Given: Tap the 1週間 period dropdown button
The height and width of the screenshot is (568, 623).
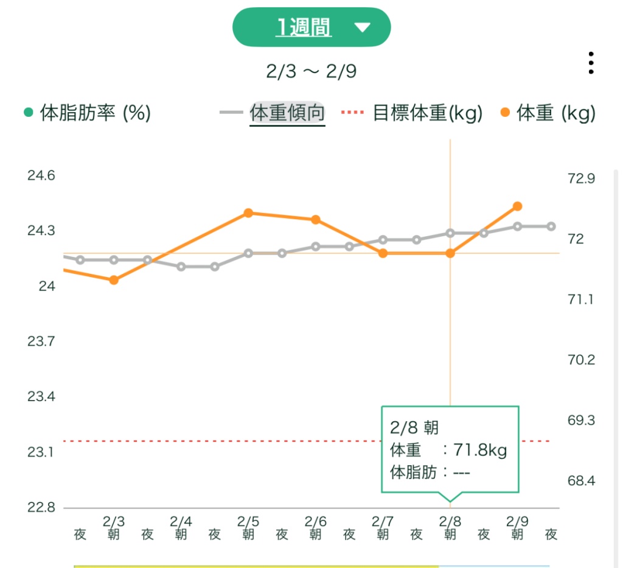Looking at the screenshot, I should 311,27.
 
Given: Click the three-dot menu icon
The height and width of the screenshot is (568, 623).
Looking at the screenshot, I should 590,63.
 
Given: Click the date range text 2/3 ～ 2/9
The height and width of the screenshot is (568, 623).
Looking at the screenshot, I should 311,71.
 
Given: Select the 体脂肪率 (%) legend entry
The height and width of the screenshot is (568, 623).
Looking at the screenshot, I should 87,113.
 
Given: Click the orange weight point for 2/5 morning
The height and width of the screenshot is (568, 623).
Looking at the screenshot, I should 248,213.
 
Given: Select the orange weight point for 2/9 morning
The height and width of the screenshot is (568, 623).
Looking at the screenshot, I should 517,206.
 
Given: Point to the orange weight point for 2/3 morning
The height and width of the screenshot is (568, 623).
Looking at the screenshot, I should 114,280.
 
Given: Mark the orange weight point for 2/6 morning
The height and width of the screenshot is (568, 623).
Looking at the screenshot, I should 316,220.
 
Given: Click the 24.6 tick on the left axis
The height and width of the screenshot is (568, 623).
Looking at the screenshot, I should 41,175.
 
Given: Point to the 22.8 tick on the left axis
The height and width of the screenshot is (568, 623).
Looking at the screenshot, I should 41,508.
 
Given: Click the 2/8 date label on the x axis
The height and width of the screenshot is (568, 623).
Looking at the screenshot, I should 450,522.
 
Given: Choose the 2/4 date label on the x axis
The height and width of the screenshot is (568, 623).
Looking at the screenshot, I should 181,522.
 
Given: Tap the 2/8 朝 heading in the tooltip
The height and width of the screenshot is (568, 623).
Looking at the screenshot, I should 414,428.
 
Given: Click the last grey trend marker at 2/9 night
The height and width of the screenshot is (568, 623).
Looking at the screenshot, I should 551,226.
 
